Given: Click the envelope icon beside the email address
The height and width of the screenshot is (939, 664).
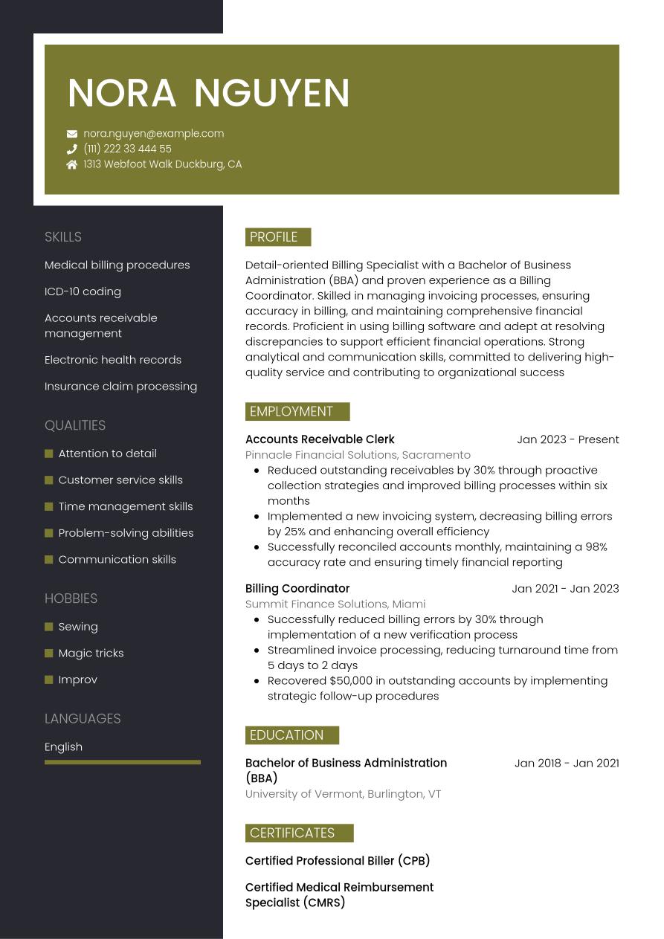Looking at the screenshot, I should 72,134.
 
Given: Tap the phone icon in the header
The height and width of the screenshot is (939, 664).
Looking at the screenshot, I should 72,149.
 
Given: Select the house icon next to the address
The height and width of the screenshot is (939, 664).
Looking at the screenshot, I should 72,165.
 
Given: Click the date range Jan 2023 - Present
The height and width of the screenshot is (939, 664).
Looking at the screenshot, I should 567,439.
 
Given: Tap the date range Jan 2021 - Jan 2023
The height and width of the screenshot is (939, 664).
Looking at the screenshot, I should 565,589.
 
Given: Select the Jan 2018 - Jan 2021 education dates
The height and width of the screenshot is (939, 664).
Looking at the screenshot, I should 567,763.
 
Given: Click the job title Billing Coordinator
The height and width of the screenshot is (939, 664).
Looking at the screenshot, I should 297,589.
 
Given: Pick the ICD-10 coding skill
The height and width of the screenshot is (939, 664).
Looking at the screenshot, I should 83,291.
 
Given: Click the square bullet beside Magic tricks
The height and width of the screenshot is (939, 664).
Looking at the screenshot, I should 49,654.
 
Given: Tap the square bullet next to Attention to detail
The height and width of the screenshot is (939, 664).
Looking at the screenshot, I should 49,454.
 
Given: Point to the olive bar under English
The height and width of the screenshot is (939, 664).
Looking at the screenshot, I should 123,762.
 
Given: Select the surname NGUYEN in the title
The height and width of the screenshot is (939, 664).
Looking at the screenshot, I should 272,94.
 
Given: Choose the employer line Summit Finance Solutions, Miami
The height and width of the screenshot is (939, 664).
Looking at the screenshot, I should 335,604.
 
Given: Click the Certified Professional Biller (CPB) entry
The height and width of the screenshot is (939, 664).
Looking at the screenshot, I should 338,861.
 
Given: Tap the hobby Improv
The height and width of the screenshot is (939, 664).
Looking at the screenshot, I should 77,680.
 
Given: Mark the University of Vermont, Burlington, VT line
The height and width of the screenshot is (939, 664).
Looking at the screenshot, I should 343,794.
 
